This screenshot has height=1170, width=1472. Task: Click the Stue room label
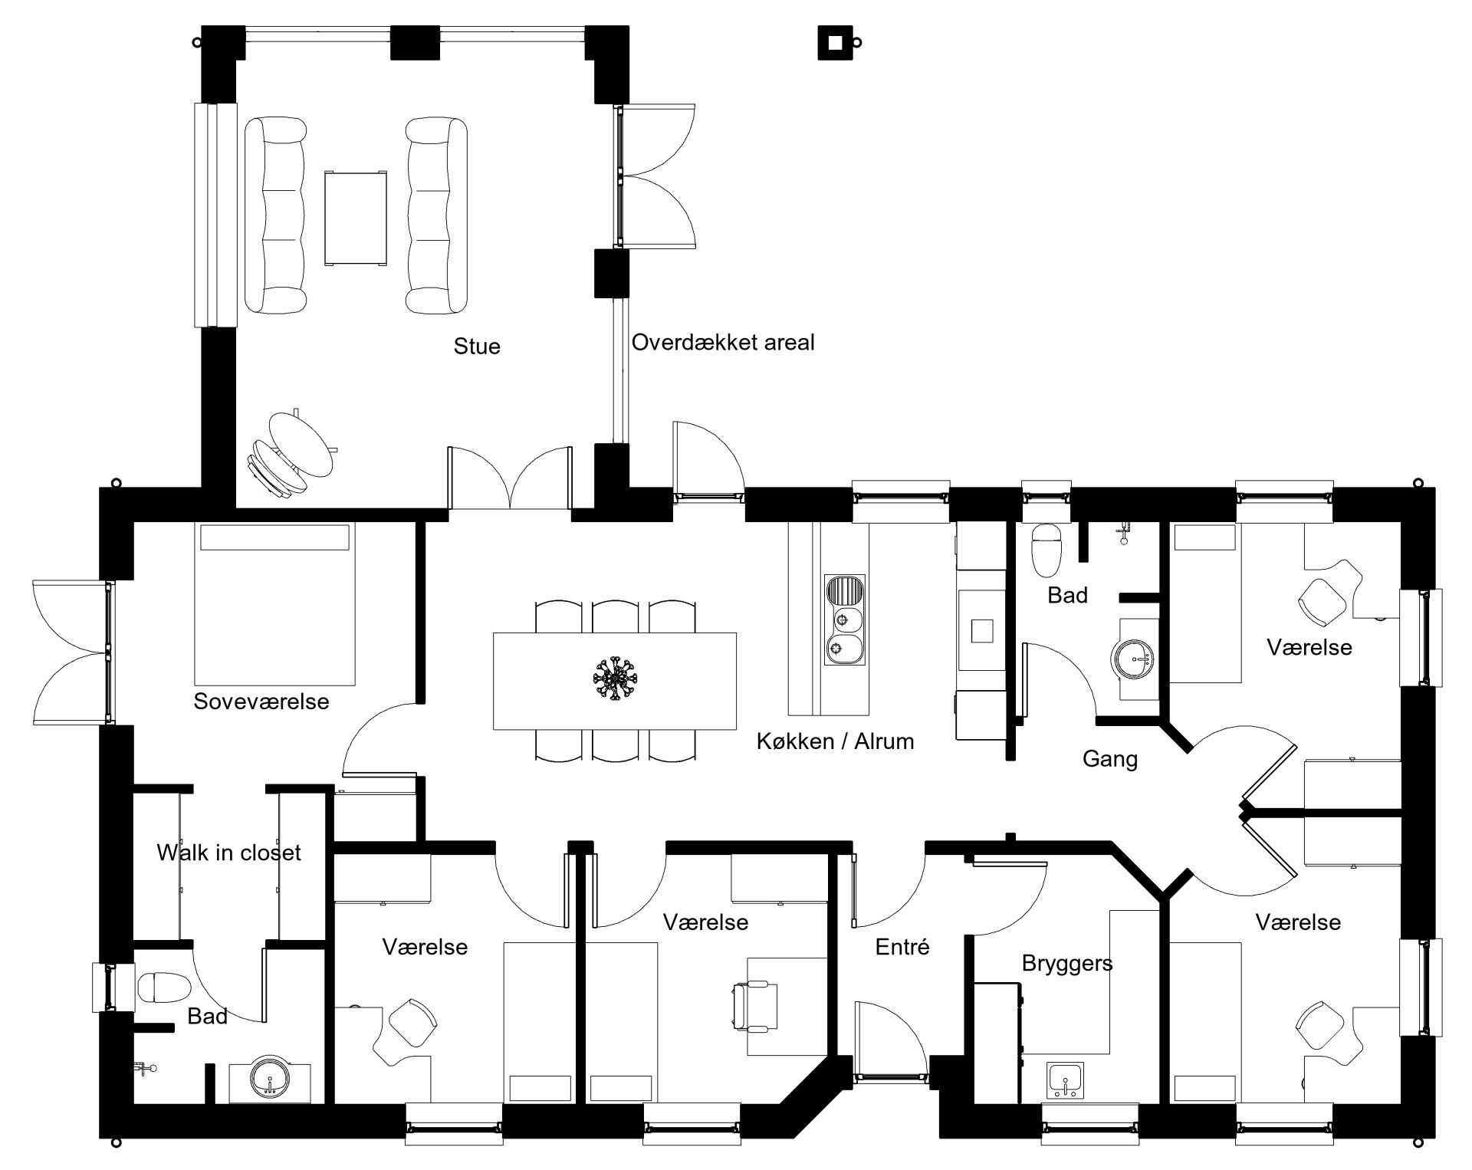point(477,347)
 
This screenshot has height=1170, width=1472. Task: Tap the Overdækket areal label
point(723,342)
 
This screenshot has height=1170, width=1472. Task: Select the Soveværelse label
point(261,702)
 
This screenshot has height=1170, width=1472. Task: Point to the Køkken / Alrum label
point(835,741)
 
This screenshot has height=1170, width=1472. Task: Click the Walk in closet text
point(228,853)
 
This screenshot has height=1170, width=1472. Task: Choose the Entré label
point(902,947)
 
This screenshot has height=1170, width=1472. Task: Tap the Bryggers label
point(1067,964)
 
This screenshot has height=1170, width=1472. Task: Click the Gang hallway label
point(1109,760)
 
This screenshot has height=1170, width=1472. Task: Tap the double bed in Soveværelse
point(276,604)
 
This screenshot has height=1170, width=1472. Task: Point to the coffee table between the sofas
point(356,218)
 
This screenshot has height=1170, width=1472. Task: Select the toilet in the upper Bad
point(1046,550)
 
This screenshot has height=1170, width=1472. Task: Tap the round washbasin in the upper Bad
point(1133,659)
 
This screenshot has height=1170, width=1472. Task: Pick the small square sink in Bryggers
point(1065,1080)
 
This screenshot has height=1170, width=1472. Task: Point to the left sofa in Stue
point(276,215)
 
